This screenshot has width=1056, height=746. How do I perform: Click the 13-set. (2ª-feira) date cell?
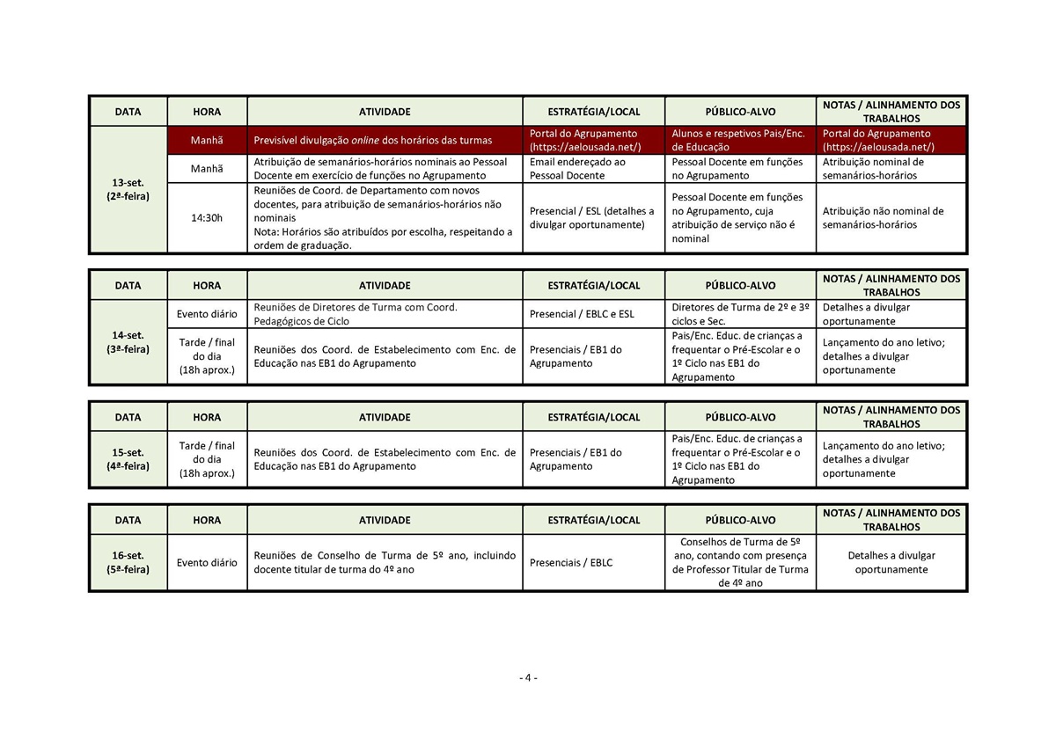pyautogui.click(x=128, y=189)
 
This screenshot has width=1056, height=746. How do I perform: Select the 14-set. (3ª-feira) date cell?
pyautogui.click(x=128, y=342)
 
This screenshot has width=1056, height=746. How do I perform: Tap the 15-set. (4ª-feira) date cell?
pyautogui.click(x=128, y=459)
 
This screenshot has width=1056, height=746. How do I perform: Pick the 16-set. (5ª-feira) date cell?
pyautogui.click(x=128, y=562)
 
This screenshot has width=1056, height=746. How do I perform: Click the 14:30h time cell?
pyautogui.click(x=207, y=218)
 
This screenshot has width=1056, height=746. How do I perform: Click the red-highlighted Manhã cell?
pyautogui.click(x=207, y=140)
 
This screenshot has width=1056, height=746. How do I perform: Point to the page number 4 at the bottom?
pyautogui.click(x=528, y=677)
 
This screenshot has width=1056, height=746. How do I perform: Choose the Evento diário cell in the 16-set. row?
pyautogui.click(x=207, y=562)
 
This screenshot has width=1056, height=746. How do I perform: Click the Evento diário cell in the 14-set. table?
pyautogui.click(x=207, y=314)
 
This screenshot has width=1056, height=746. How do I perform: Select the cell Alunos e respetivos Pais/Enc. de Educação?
pyautogui.click(x=738, y=140)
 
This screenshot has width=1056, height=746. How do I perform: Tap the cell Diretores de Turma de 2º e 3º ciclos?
pyautogui.click(x=740, y=314)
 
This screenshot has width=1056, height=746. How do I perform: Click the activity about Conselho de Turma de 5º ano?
pyautogui.click(x=385, y=562)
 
